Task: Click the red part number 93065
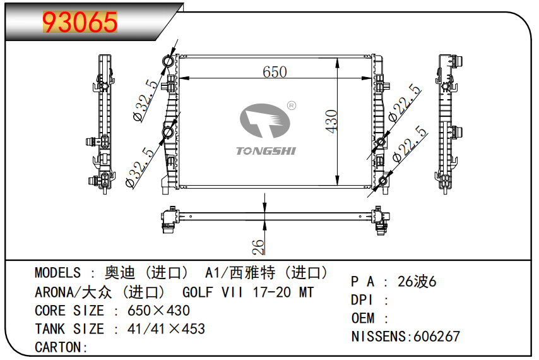(x=80, y=23)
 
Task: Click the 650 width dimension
(x=275, y=72)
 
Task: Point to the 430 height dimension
(x=332, y=121)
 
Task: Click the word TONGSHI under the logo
(x=266, y=151)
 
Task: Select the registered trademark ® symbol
(x=292, y=105)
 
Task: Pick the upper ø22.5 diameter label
(x=405, y=103)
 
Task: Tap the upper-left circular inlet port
(x=169, y=61)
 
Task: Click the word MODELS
(x=57, y=273)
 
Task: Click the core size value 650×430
(x=158, y=311)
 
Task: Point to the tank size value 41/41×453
(x=166, y=329)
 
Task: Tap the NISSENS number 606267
(x=436, y=337)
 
